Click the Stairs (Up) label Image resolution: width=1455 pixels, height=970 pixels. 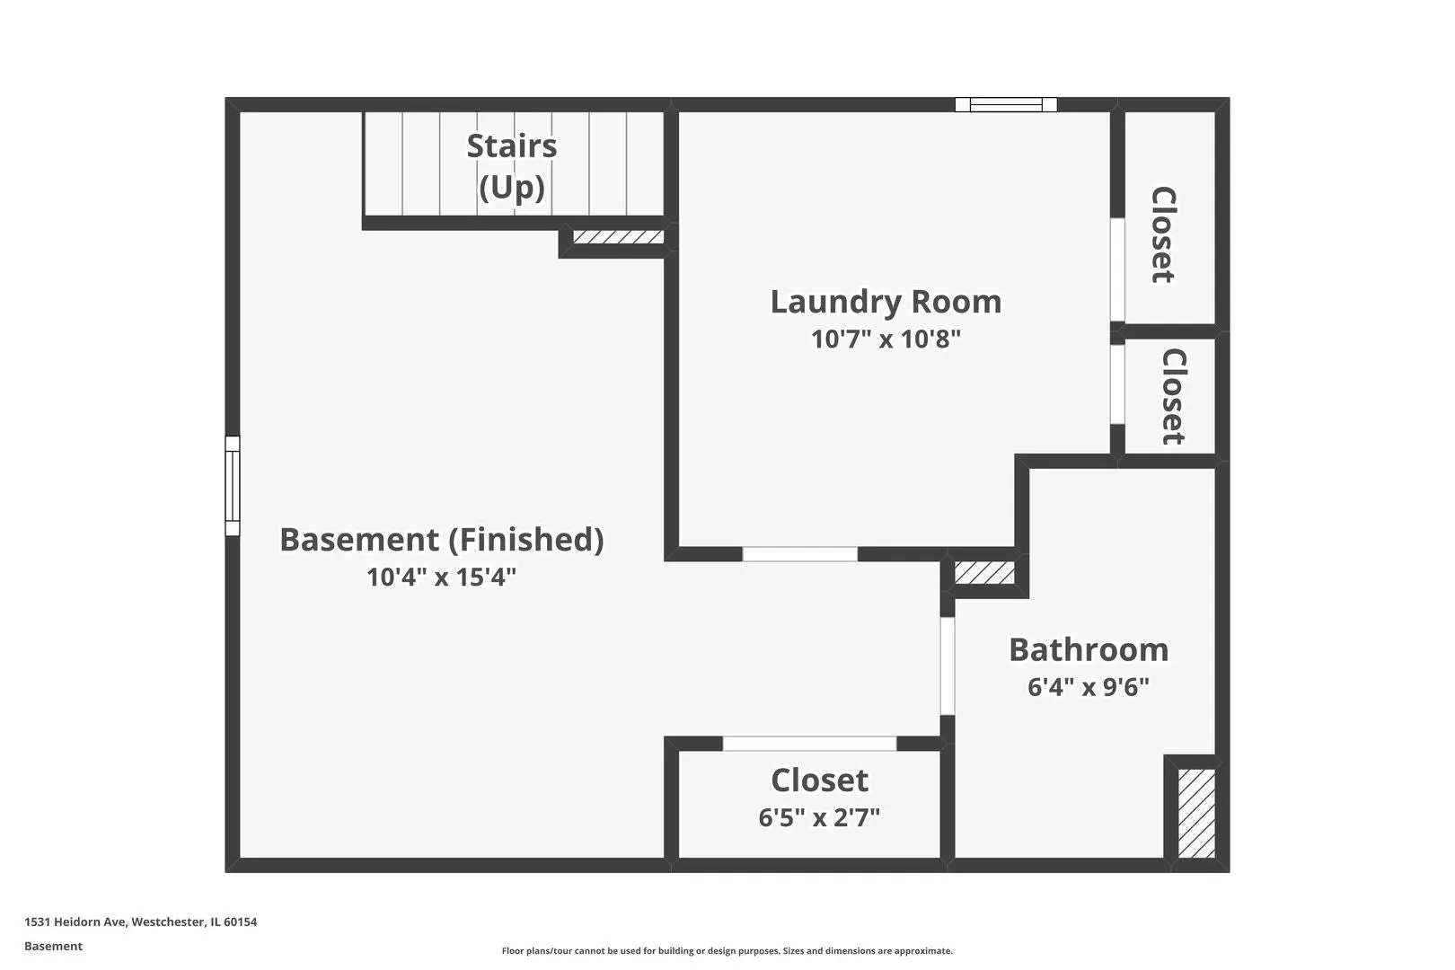coord(512,166)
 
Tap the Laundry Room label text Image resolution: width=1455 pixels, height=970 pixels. coord(886,302)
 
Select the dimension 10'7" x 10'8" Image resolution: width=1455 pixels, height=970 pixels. coord(886,339)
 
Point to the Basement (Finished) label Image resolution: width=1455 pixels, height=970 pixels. coord(442,539)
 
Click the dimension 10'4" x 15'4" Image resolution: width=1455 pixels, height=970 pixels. coord(442,577)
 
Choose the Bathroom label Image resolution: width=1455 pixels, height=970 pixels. coord(1089,649)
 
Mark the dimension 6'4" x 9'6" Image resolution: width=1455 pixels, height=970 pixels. coord(1089,687)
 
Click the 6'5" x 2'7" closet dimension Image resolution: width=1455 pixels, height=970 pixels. coord(820,817)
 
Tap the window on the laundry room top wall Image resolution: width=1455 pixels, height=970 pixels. coord(1006,104)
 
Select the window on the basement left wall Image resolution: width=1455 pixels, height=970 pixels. coord(233,486)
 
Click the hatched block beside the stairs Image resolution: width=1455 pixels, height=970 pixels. coord(618,236)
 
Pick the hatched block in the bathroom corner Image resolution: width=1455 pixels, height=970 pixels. coord(1196,814)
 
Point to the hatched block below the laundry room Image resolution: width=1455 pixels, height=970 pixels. coord(984,573)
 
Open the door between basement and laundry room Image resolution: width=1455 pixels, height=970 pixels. coord(800,554)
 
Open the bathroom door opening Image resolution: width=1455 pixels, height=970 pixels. coord(948,666)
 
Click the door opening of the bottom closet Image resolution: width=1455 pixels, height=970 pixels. coord(810,744)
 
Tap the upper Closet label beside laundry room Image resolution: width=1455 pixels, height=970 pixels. coord(1164,234)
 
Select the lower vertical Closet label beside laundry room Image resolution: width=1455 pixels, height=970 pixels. coord(1174,397)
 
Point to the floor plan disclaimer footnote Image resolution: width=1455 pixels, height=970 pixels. coord(727,950)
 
